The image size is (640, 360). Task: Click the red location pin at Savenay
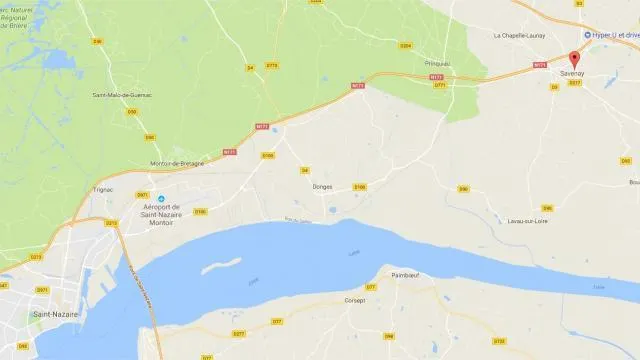tap(574, 58)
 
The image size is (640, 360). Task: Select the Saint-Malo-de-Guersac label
tap(126, 95)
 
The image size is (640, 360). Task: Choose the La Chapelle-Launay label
tap(516, 35)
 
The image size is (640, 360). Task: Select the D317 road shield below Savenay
tap(574, 84)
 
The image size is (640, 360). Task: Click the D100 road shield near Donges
tap(360, 186)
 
